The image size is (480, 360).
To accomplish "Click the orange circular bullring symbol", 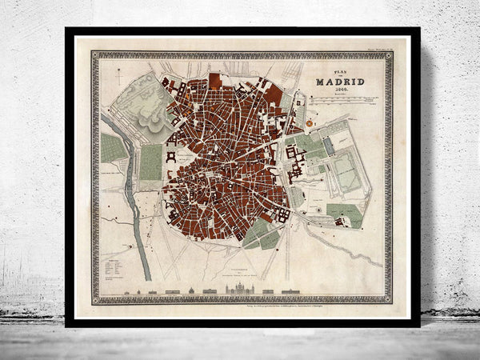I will point(308,126).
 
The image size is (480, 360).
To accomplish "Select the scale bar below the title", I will point(344,101).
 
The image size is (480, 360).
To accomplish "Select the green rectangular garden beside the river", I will point(150,162).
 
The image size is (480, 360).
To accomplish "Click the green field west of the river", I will point(113,148).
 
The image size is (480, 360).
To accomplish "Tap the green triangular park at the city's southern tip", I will point(260,234).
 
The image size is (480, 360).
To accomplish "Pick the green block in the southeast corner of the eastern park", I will point(344,214).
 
